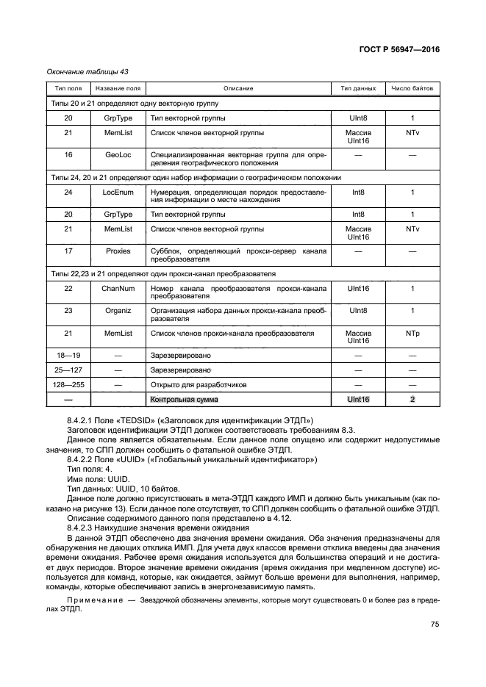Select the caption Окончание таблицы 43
[84, 71]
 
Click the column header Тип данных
[358, 88]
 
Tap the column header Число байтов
[412, 88]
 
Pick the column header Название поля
[118, 88]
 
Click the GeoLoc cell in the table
[118, 155]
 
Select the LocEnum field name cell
[118, 192]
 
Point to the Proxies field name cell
[118, 251]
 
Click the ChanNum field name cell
[118, 288]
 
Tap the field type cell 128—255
[68, 384]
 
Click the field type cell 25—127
[68, 370]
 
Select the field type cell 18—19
[68, 355]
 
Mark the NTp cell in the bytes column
[412, 333]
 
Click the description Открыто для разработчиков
[193, 384]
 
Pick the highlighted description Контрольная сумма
[185, 399]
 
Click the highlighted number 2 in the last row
[412, 399]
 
